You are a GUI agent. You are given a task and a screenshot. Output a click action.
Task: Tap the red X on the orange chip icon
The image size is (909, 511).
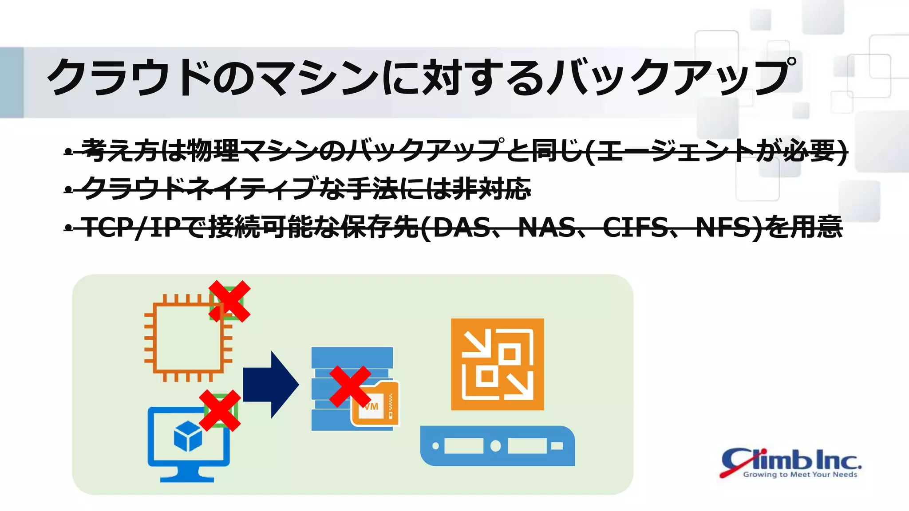(x=229, y=301)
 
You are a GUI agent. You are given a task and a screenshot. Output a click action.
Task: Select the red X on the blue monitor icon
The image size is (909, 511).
(x=220, y=410)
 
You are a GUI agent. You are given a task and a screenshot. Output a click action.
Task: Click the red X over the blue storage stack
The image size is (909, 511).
(x=350, y=386)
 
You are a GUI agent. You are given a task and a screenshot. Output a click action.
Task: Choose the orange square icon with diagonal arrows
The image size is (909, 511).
(x=497, y=364)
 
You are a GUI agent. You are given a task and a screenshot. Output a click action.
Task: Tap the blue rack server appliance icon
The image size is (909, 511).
(x=497, y=446)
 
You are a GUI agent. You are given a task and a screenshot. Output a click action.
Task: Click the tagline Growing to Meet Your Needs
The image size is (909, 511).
(x=800, y=475)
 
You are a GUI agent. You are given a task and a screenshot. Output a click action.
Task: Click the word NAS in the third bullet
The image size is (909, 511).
(x=547, y=227)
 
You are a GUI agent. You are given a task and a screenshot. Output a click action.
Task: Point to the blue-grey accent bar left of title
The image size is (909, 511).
(x=12, y=82)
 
